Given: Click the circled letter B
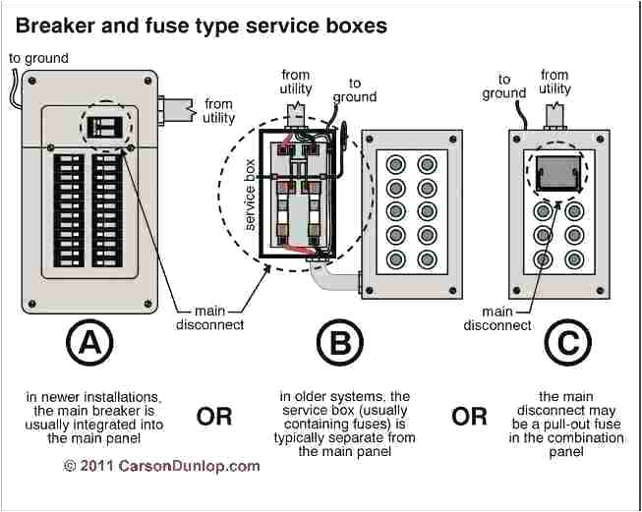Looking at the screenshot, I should (340, 346).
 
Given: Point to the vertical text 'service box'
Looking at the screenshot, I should (250, 194).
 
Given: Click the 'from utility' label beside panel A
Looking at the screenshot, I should (218, 111).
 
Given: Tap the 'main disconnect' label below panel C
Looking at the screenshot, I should (496, 318).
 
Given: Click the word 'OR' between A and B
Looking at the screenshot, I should (213, 417).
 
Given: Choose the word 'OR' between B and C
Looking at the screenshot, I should (469, 417).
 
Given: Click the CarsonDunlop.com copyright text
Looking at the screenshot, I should (162, 466).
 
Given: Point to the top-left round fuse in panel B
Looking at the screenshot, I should (394, 163).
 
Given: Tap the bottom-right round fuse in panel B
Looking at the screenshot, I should (427, 259).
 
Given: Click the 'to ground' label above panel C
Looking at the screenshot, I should (504, 86).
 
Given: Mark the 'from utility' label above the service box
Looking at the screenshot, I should (296, 82).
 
